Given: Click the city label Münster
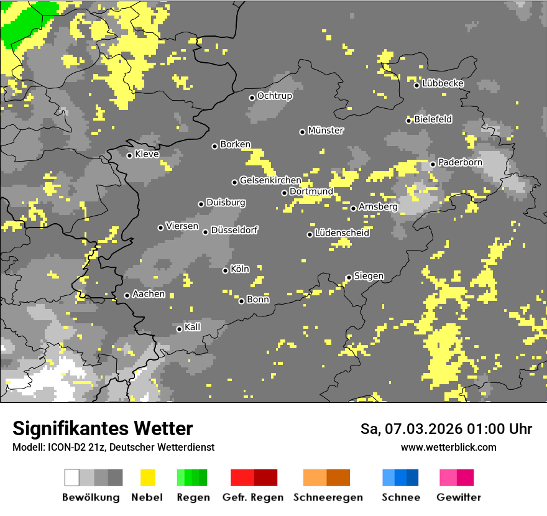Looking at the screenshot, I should [326, 131].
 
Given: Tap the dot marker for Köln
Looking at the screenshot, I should [225, 270].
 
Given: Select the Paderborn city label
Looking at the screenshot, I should [460, 162].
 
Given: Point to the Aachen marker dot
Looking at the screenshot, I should [127, 295].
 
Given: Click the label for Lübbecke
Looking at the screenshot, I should [443, 83].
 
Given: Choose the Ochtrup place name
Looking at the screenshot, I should [274, 96].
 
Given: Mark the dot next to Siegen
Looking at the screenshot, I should [349, 277].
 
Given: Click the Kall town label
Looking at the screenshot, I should [193, 327].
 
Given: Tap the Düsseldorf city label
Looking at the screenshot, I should [234, 230].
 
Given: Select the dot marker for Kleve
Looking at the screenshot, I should [129, 155].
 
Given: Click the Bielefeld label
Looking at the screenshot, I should [433, 119].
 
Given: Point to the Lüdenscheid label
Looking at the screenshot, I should [342, 233].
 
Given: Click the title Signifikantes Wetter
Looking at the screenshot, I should [103, 429].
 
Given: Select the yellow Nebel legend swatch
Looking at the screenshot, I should [148, 477].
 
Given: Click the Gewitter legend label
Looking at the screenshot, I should [458, 497].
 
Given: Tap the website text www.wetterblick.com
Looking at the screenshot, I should [448, 447].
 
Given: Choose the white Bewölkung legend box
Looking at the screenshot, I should [72, 477].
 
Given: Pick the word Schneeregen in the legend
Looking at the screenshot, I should [328, 497].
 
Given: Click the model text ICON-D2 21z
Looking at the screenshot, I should [73, 447].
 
